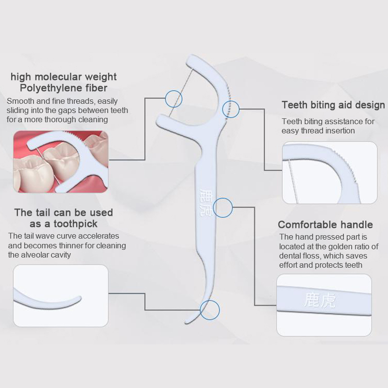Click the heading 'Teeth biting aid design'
click(x=333, y=105)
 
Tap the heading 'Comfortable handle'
click(x=325, y=225)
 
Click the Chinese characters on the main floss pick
click(x=206, y=203)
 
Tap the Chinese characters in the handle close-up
click(x=320, y=300)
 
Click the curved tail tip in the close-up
click(x=79, y=298)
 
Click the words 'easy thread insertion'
click(x=318, y=130)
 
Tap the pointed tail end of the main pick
click(x=186, y=322)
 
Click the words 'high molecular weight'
click(x=64, y=77)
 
